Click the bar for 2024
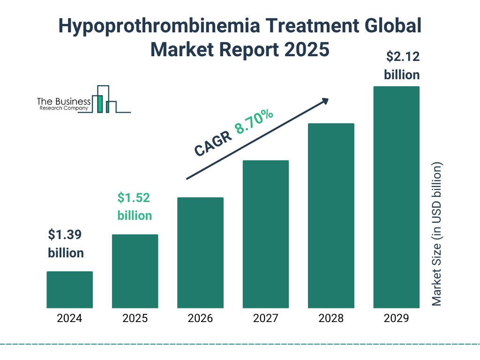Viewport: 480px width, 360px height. [69, 290]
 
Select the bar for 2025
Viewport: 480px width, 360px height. [135, 271]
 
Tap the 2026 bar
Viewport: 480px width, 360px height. [200, 253]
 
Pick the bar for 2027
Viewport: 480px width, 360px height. [266, 234]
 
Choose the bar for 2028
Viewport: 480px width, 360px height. [331, 216]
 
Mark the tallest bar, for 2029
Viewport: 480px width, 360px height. [396, 197]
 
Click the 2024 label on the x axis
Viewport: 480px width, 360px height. [69, 319]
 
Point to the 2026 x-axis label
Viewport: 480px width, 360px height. [200, 319]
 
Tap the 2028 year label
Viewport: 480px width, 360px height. [331, 319]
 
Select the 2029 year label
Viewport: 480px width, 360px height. [396, 319]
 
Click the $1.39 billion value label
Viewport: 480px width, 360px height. [66, 244]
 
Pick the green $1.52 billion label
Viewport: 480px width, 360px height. [135, 207]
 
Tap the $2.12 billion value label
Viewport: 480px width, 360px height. [402, 66]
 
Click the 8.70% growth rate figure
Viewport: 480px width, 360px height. [255, 122]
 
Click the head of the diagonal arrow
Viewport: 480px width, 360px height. [325, 100]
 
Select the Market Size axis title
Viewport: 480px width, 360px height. [437, 234]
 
